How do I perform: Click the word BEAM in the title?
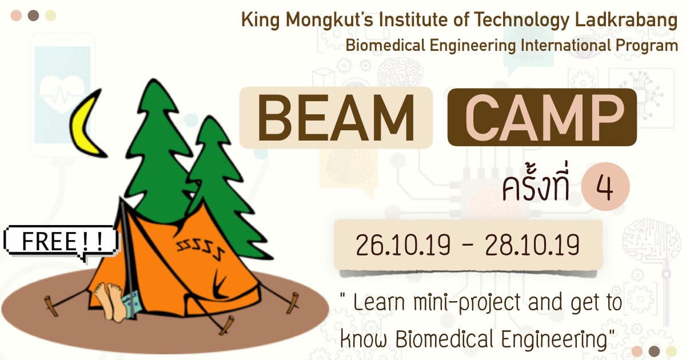click(x=336, y=118)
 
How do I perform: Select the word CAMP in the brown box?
click(x=544, y=118)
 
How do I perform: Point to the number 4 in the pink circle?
click(x=605, y=187)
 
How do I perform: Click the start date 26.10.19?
click(x=403, y=245)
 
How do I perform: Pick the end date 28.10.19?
click(x=532, y=245)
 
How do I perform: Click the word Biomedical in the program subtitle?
click(x=385, y=46)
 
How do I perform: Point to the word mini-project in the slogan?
click(x=467, y=303)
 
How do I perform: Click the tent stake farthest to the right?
click(x=293, y=302)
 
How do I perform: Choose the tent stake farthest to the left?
click(x=50, y=306)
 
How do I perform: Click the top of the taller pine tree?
click(x=154, y=80)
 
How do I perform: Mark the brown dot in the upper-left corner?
click(x=33, y=15)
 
